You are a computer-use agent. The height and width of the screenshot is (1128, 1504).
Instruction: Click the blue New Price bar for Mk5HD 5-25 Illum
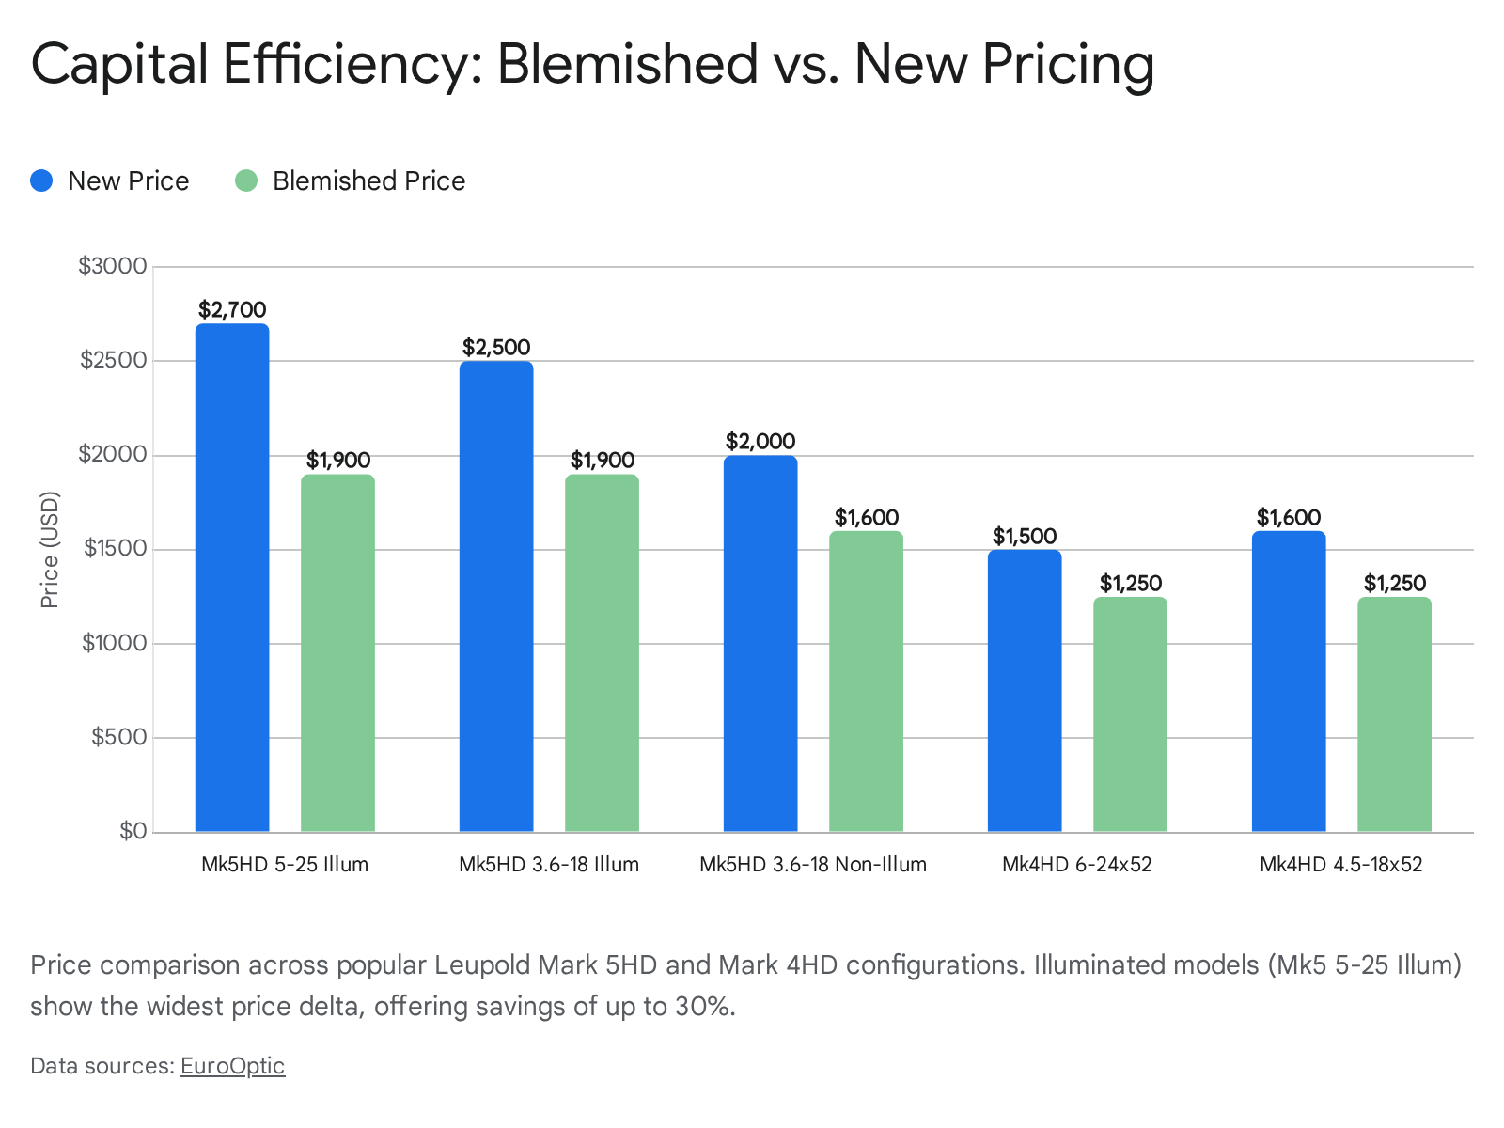(232, 578)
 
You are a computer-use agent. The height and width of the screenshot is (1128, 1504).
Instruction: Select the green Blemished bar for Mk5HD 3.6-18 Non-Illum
(866, 681)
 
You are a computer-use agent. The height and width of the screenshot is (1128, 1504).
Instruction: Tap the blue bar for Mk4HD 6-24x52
(1025, 691)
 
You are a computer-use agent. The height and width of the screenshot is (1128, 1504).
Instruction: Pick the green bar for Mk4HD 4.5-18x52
(1394, 714)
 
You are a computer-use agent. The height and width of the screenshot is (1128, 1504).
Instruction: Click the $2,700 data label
(232, 309)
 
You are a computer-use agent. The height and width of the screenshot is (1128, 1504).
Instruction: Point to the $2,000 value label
(760, 441)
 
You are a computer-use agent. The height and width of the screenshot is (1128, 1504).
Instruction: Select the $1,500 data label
(1025, 536)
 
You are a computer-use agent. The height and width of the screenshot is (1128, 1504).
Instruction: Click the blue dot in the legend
(41, 180)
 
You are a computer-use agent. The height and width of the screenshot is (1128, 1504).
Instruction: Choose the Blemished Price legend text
(368, 180)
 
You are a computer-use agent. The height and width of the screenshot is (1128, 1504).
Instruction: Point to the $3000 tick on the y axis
(113, 266)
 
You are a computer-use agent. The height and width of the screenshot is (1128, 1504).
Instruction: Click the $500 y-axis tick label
(119, 737)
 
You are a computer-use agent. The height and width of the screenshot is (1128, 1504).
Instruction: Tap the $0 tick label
(133, 831)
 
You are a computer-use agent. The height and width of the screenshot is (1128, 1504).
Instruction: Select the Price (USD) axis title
(50, 550)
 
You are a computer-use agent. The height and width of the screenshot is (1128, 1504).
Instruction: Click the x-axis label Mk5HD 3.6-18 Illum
(549, 865)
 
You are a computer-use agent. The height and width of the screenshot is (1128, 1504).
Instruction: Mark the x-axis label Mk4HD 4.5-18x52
(1340, 865)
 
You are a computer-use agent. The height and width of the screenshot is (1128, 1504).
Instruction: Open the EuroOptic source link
(232, 1066)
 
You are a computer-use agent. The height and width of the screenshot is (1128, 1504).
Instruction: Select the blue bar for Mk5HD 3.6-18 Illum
(496, 597)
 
